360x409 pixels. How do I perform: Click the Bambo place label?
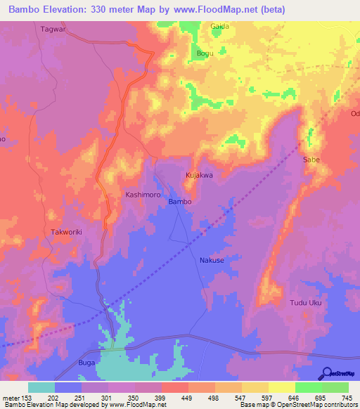tap(179, 202)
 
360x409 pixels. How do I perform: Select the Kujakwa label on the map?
tap(199, 175)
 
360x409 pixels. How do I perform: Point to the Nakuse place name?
tap(212, 260)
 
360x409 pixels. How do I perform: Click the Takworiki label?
tap(68, 231)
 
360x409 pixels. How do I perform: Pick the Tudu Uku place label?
tap(306, 303)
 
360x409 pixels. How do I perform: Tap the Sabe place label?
tap(311, 160)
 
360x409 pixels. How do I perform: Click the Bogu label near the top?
tap(205, 53)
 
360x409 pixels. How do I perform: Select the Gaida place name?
tap(220, 26)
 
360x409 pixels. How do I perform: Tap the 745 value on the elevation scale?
tap(347, 398)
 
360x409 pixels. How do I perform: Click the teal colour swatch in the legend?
tap(41, 387)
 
